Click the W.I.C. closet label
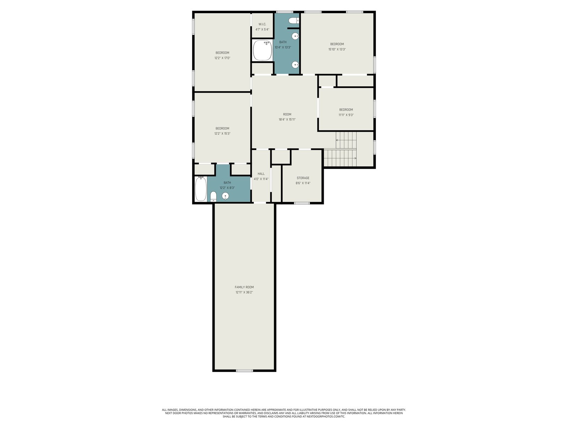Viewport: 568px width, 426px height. point(262,24)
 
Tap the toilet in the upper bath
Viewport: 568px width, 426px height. point(294,21)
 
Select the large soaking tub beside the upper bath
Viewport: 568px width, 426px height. point(262,50)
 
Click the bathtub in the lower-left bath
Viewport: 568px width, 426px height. point(201,189)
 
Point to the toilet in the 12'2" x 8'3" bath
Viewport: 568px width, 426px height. point(213,197)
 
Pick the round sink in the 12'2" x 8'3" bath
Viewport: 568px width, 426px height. point(225,196)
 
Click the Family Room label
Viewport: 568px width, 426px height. point(244,287)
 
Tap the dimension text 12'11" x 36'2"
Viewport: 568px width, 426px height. point(244,292)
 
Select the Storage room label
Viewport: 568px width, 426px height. point(303,178)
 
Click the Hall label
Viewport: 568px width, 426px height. point(261,174)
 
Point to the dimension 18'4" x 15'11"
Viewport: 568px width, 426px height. point(287,120)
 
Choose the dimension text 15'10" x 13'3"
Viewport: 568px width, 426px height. point(337,49)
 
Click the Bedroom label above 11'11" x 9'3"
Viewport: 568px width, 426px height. point(346,110)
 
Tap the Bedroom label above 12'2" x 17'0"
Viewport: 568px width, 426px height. point(222,53)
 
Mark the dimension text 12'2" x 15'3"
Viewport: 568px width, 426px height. point(222,133)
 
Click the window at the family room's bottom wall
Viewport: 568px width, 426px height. point(244,371)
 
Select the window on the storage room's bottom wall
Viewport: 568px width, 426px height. point(302,203)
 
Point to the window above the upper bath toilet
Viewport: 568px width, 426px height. point(284,12)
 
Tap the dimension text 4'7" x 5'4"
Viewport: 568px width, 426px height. point(262,29)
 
